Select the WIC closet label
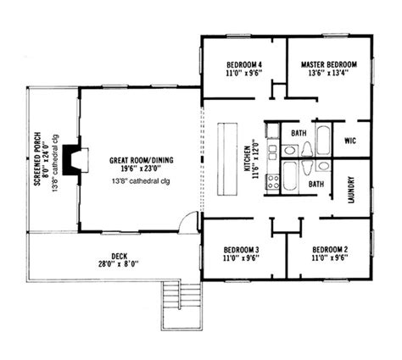click(350, 141)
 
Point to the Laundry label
click(351, 190)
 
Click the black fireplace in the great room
click(71, 159)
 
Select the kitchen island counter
click(227, 158)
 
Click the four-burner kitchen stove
click(273, 182)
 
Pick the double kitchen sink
click(273, 152)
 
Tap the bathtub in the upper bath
click(323, 140)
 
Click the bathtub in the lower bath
click(289, 177)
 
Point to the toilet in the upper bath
click(306, 149)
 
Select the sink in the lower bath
click(323, 166)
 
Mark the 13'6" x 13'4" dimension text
click(328, 73)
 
